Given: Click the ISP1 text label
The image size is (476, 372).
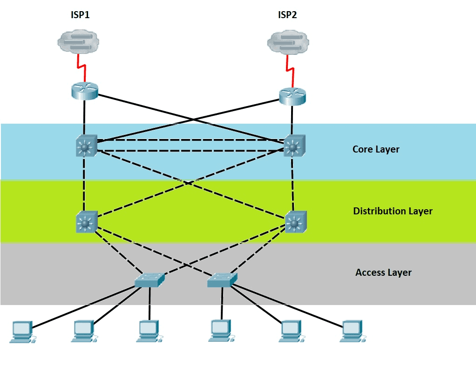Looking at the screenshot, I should click(80, 15).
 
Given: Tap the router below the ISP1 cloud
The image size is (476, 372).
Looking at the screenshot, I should click(85, 90).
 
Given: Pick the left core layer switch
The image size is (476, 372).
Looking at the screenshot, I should click(85, 146).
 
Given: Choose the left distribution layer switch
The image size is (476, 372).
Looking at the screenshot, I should click(86, 222).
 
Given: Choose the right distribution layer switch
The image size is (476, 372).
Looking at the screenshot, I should click(294, 222).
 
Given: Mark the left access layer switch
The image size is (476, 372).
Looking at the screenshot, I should click(150, 279).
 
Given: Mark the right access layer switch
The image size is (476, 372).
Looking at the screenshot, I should click(222, 279).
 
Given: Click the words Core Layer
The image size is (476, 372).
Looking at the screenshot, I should click(376, 149).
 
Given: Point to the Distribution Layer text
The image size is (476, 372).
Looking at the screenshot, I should click(393, 211).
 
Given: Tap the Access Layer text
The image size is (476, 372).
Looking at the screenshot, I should click(383, 272).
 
